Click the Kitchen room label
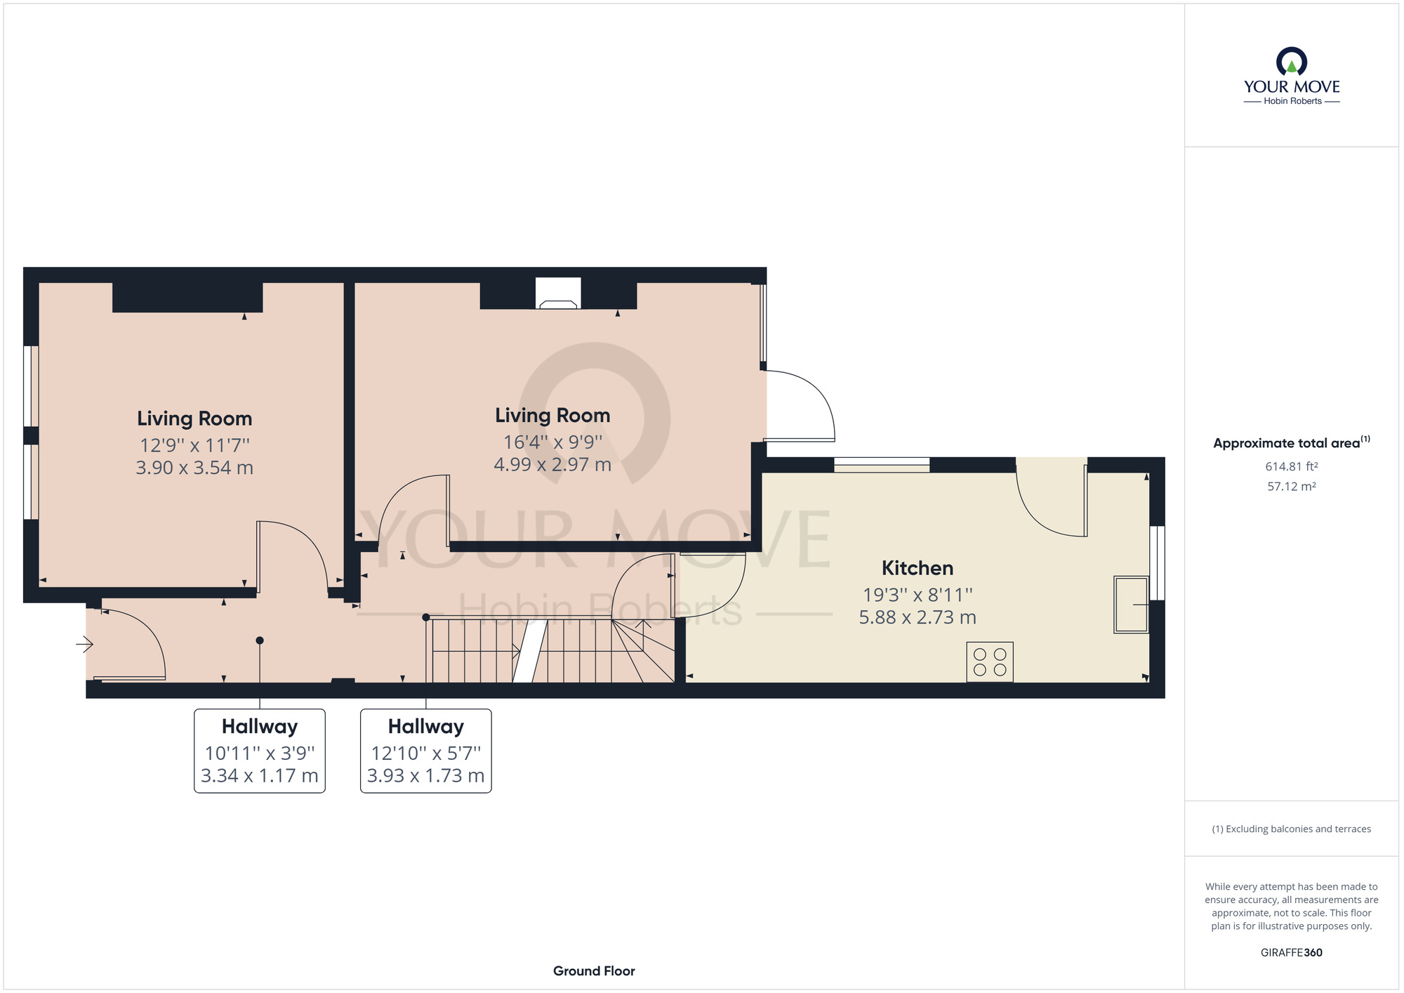(x=917, y=567)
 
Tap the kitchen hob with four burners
(x=989, y=662)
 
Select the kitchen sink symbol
(x=1130, y=604)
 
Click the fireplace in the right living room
(x=558, y=294)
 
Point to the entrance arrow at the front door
(x=84, y=643)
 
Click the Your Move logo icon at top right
(x=1291, y=62)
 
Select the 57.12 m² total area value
(x=1291, y=486)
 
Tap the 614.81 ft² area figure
(x=1291, y=466)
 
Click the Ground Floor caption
(x=594, y=971)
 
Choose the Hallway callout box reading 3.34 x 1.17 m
(x=260, y=751)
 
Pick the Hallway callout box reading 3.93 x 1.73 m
(x=425, y=751)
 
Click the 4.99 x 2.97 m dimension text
(x=552, y=464)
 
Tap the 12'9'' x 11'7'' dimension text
(x=194, y=445)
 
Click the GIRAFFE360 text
(x=1291, y=952)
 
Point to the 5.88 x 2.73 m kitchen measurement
(x=917, y=617)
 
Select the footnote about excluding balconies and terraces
(x=1291, y=829)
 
